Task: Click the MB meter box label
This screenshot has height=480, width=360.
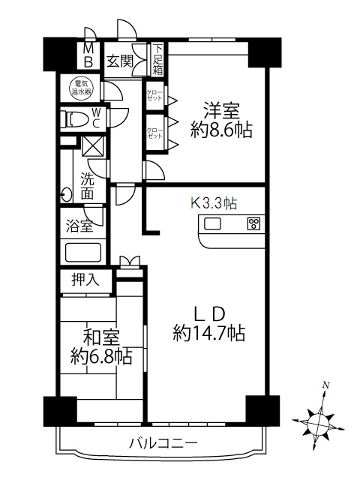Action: coord(88,55)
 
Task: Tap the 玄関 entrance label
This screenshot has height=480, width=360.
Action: coord(119,61)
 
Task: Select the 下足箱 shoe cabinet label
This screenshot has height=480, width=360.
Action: coord(158,60)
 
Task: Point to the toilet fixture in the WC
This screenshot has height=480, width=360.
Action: coord(74,118)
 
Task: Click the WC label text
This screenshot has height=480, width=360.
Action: coord(96,118)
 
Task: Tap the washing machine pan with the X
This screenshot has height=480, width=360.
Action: coord(94,146)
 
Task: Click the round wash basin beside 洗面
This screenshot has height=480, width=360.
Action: coord(66,194)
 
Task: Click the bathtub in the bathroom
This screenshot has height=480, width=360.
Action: coord(83,253)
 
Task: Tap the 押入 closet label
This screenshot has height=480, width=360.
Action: coord(85,280)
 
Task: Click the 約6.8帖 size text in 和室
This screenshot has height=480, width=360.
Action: coord(102,356)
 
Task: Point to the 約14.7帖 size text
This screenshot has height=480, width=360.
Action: coord(209,333)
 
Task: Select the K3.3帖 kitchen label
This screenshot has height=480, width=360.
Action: coord(214,202)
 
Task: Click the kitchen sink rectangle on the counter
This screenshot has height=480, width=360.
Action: coord(212,223)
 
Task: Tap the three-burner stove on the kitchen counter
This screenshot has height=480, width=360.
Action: coord(254,223)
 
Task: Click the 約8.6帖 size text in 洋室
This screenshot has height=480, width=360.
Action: coord(222,130)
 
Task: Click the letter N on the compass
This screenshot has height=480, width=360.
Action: coord(326,385)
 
